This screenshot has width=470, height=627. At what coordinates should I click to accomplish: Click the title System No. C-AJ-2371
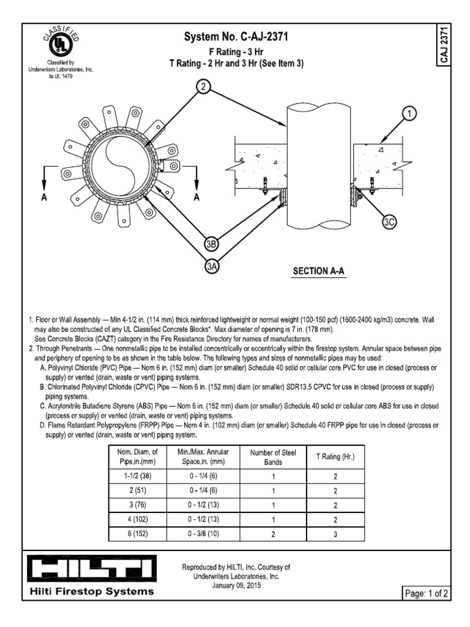point(236,38)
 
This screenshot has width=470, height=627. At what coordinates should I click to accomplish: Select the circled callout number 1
point(409,114)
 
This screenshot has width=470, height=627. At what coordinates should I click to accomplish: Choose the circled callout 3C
point(389,222)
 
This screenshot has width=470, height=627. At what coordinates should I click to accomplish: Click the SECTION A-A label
point(318,271)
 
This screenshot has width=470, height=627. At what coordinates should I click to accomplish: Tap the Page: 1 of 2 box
point(426,593)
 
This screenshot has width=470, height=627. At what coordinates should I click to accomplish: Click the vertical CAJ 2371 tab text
point(445,47)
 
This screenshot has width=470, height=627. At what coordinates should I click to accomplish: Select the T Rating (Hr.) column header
point(335,457)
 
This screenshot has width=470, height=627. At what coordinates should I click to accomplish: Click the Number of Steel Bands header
point(273,457)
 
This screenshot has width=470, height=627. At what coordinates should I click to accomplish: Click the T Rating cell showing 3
point(335,534)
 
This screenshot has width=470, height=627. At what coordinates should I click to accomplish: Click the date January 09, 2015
point(236,585)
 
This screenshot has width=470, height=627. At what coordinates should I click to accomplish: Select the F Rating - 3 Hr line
point(236,52)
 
